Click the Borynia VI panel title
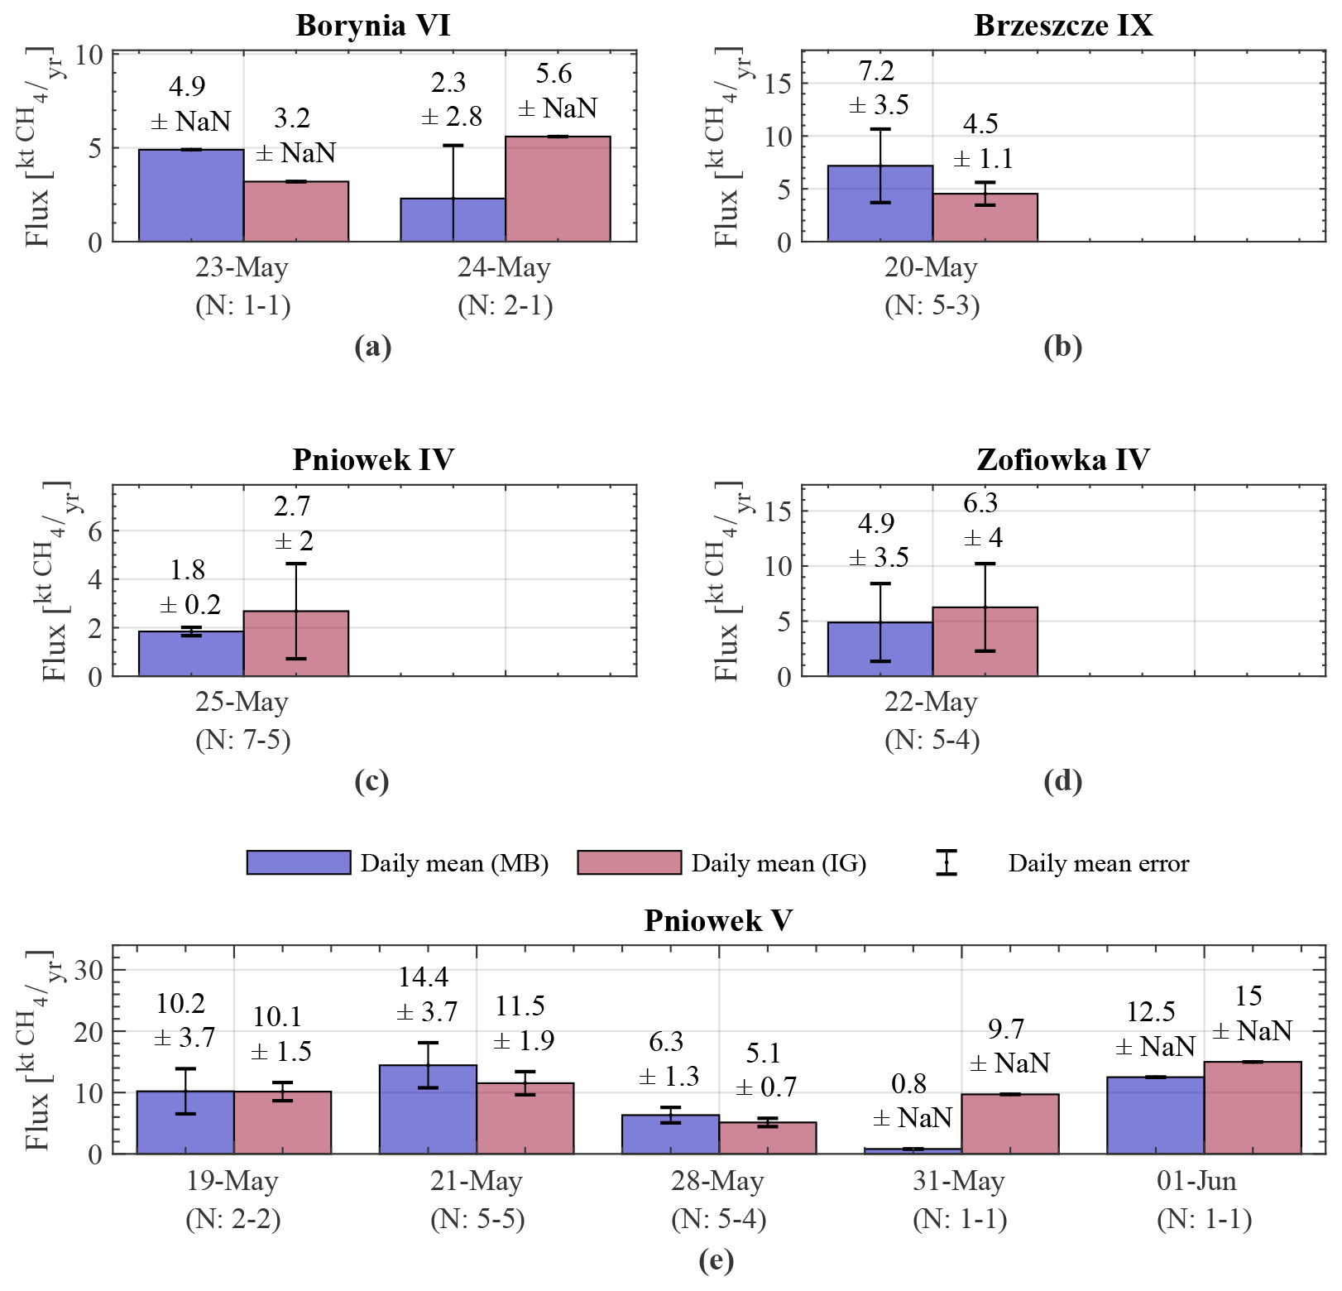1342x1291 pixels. click(373, 26)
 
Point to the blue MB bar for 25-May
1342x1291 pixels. click(191, 654)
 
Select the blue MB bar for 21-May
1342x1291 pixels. click(428, 1109)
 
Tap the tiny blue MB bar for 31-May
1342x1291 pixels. click(913, 1150)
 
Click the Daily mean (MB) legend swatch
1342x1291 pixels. click(299, 862)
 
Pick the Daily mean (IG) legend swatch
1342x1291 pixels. click(630, 862)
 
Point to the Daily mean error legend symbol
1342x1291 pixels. click(947, 862)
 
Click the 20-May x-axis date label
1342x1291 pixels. click(932, 267)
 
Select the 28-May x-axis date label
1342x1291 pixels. click(717, 1180)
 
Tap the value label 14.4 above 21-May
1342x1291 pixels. click(424, 977)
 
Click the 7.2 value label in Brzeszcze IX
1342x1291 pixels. click(876, 71)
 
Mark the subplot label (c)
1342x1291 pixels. click(371, 780)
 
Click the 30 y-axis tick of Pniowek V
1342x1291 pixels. click(89, 970)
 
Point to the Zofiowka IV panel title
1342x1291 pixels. click(1062, 459)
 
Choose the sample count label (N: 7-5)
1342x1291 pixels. click(243, 739)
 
